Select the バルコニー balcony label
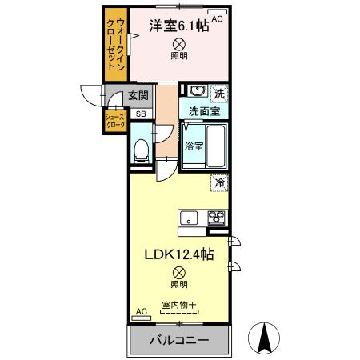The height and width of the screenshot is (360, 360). point(179,340)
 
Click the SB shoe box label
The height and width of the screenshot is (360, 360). point(140,114)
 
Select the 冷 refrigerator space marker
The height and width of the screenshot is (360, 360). point(218,183)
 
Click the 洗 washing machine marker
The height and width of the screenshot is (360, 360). point(219,94)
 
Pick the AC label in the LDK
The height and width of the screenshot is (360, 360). point(142,311)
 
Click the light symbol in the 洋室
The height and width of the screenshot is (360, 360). point(179,45)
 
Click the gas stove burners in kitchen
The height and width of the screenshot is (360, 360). point(218,217)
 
